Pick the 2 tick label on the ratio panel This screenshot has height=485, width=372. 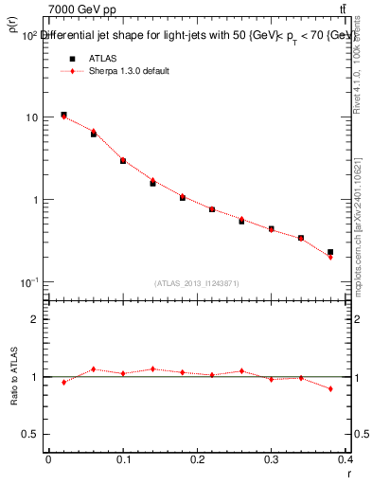click(35, 319)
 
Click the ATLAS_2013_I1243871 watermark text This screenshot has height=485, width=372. click(197, 283)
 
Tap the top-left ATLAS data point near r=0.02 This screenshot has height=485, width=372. click(63, 115)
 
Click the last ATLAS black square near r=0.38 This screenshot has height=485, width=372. click(330, 252)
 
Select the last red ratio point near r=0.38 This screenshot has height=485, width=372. click(330, 388)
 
